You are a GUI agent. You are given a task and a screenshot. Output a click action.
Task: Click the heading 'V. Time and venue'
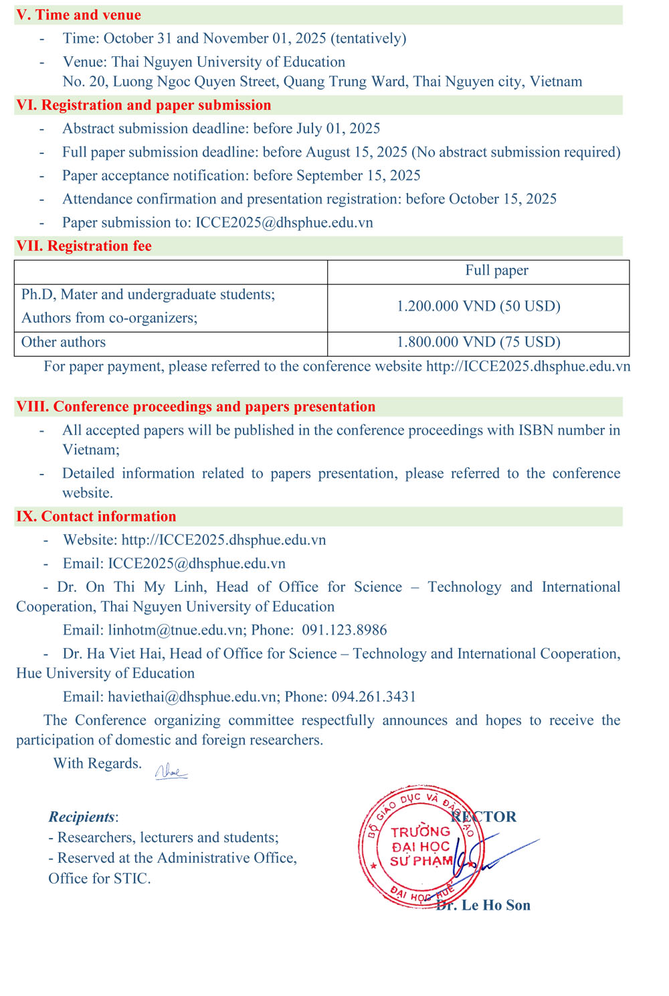point(79,15)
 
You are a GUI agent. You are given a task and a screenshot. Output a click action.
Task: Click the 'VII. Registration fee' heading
point(84,246)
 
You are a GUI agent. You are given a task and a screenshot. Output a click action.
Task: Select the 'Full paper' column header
point(496,270)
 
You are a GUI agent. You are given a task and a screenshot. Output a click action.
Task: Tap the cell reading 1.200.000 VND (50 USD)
point(478,307)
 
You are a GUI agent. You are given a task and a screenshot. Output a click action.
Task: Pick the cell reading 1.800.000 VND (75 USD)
point(478,342)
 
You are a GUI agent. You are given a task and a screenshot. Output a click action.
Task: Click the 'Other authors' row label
point(64,342)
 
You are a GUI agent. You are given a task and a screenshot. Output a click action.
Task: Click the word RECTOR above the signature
point(484,817)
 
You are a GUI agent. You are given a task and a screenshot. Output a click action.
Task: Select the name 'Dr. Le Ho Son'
point(484,905)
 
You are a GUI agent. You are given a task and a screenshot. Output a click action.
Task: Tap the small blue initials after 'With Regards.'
point(171,772)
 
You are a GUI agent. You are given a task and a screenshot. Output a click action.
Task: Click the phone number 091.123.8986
point(345,630)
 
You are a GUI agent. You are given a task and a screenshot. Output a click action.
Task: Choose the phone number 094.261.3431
point(374,697)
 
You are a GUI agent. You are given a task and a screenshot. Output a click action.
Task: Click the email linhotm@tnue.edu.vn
point(175,630)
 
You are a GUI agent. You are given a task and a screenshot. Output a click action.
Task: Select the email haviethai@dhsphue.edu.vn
point(192,697)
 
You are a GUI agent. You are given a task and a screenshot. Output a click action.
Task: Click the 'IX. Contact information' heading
point(96,516)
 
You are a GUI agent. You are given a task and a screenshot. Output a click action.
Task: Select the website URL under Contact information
point(223,539)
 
